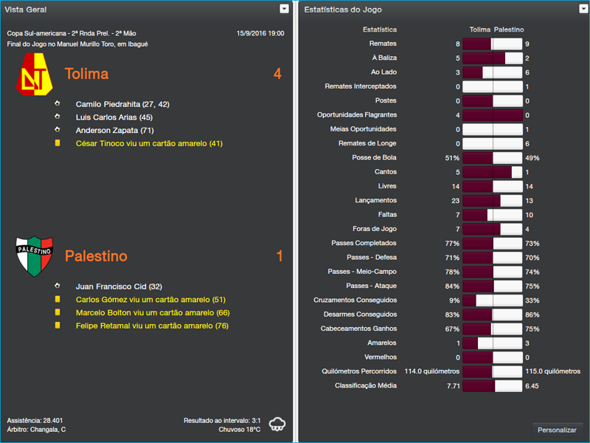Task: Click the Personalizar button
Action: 557,430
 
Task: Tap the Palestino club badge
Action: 35,255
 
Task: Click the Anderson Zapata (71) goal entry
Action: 115,131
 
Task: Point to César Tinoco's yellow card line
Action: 148,144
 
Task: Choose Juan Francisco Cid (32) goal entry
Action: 119,286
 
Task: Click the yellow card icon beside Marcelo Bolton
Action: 58,313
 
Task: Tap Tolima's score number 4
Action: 277,74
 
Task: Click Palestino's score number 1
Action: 280,256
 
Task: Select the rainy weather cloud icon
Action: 278,424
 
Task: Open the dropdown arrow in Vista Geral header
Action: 284,9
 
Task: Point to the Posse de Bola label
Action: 374,158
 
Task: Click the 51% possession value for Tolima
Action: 452,158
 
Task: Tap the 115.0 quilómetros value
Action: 552,371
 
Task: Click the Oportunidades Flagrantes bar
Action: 492,115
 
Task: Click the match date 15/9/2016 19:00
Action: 260,33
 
